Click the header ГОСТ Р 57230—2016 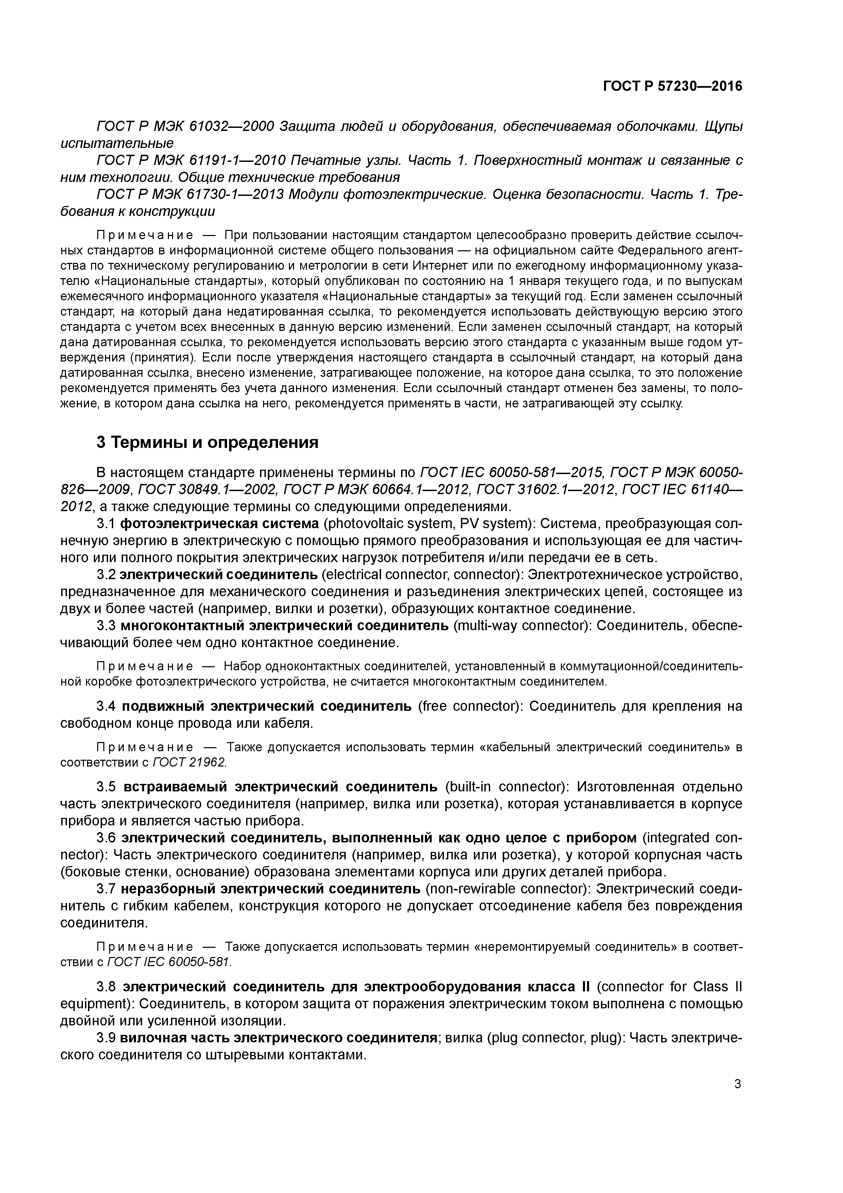pyautogui.click(x=673, y=86)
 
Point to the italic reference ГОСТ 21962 pyautogui.click(x=190, y=762)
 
